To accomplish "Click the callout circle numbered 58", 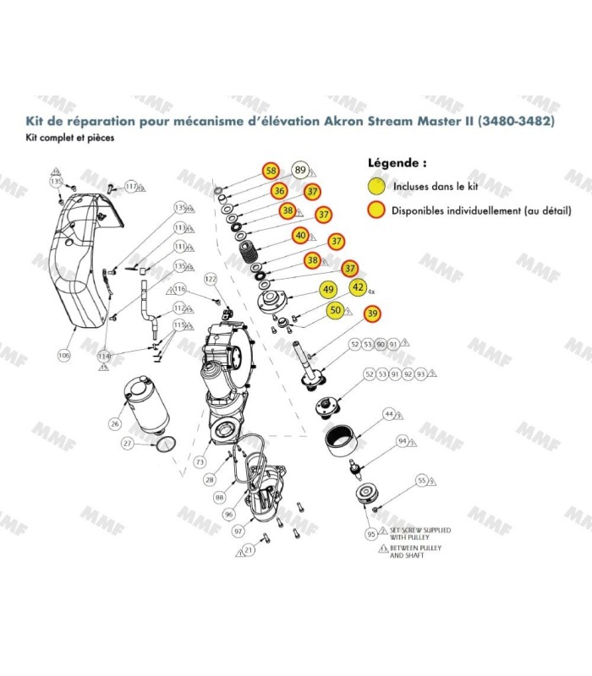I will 271,170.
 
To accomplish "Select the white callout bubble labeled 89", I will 300,170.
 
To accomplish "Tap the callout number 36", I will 278,192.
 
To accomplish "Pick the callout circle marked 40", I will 300,235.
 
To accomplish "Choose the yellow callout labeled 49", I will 327,290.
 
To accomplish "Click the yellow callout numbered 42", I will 358,287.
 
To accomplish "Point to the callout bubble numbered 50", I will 336,311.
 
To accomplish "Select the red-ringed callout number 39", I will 371,313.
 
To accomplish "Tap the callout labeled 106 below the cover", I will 63,356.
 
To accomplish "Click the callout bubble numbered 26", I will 115,422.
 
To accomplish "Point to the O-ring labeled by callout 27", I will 166,443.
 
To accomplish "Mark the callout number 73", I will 200,462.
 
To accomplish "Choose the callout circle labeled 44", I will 389,414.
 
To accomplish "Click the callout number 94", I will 403,441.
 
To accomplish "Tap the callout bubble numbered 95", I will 370,534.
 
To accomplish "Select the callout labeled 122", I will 211,279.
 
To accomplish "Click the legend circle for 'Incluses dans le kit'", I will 375,186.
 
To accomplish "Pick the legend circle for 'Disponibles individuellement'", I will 375,210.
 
